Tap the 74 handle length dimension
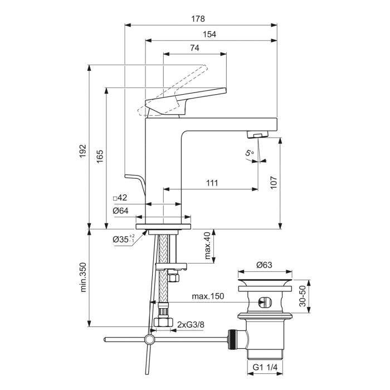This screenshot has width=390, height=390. pos(194,48)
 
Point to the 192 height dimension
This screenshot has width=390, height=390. pos(82,151)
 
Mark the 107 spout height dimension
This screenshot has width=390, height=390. pos(274,183)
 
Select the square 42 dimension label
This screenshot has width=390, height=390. pos(120,198)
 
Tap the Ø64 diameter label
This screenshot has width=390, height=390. pos(120,211)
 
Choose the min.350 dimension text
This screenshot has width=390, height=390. pos(83,277)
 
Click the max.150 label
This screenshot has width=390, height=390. pos(207,296)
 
